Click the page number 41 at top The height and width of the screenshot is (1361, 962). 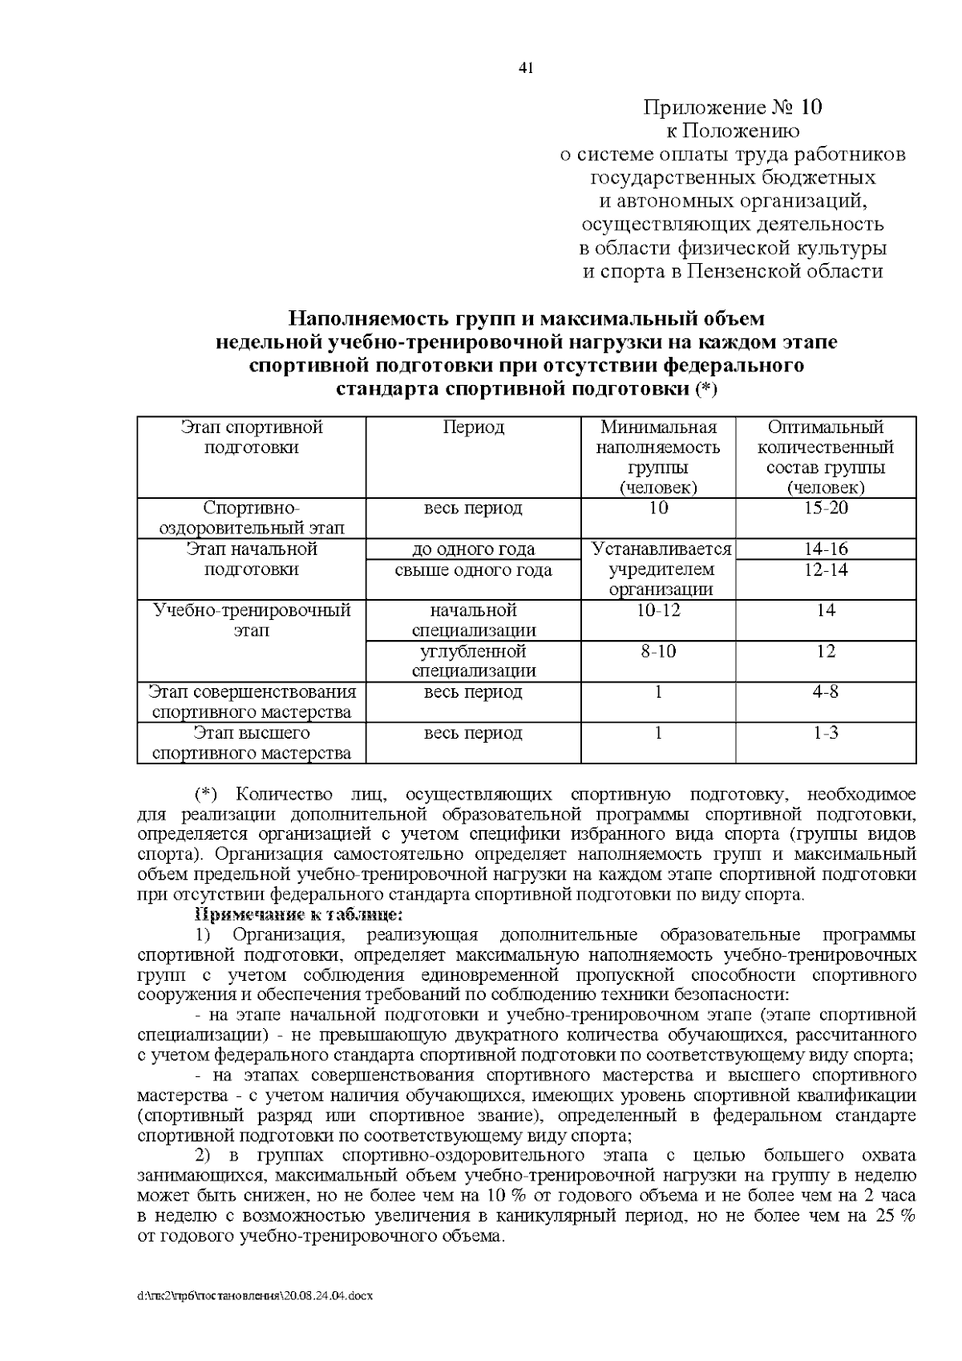point(526,68)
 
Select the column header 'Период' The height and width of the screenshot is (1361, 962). point(473,427)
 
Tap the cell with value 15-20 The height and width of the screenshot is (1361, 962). point(825,508)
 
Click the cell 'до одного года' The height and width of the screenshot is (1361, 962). point(473,549)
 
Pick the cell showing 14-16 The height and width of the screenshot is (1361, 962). point(825,549)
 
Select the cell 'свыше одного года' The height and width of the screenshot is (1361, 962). point(473,570)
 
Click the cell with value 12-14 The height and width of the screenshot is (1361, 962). point(825,570)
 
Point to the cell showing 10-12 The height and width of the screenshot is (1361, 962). point(657,610)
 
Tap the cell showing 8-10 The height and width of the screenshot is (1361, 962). point(657,651)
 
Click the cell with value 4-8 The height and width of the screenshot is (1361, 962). point(825,692)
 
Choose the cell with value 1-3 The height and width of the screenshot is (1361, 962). point(825,733)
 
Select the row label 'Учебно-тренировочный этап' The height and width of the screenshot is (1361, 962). point(252,621)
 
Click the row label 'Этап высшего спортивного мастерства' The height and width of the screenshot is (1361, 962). point(252,743)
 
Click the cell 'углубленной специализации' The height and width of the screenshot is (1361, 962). point(473,661)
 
